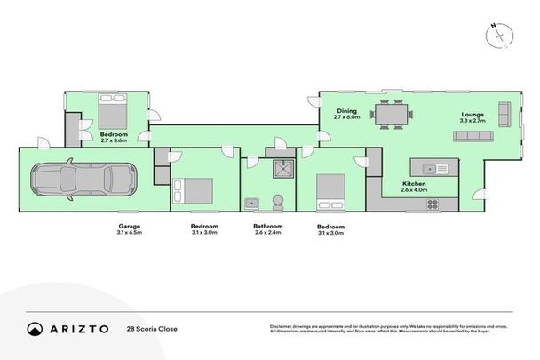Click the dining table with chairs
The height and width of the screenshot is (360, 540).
pos(392,115)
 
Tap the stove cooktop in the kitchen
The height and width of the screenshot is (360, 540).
pos(433,204)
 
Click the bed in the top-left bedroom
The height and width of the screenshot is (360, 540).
pos(113,114)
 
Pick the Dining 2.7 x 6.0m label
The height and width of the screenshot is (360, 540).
pos(346,115)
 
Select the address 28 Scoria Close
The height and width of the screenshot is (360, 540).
pos(152,329)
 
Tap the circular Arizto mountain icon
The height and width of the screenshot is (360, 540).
pos(35,328)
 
